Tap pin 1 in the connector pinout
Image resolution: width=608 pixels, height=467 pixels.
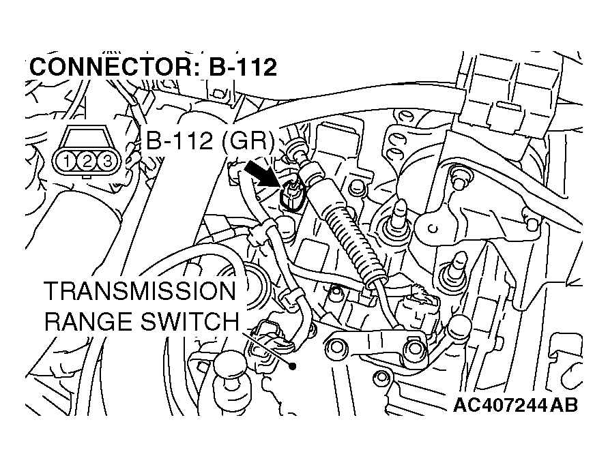pos(68,161)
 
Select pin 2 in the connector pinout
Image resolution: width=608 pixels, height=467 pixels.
pos(87,161)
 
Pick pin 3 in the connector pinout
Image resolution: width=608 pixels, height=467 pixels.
pos(106,161)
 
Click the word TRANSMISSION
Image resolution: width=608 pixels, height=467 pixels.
pos(140,292)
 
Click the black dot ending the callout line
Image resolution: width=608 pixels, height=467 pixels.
pos(293,366)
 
